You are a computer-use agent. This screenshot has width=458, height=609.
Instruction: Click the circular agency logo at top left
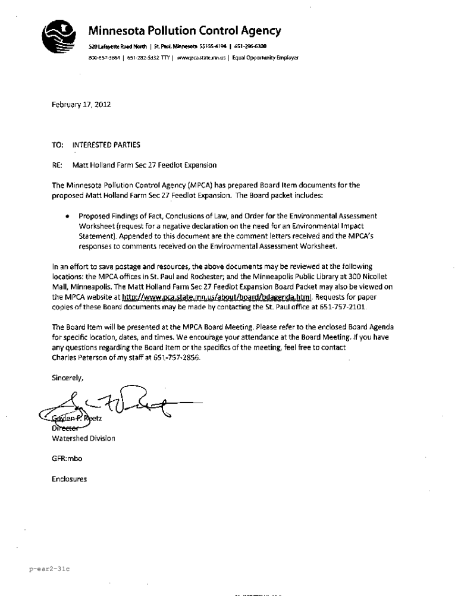[x=58, y=37]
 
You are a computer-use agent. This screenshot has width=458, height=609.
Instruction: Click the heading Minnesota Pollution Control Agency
[x=184, y=31]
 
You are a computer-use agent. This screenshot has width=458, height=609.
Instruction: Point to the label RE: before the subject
[x=57, y=164]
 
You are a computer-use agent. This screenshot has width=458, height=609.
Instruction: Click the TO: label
[x=58, y=144]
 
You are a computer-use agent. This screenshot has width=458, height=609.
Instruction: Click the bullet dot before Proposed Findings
[x=70, y=216]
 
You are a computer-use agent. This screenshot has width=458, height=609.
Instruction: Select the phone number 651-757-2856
[x=177, y=359]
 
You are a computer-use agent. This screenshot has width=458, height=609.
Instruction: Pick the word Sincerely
[x=68, y=378]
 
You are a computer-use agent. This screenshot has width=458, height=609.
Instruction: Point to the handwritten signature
[x=119, y=404]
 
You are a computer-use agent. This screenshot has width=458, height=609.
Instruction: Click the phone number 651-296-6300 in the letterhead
[x=246, y=46]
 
